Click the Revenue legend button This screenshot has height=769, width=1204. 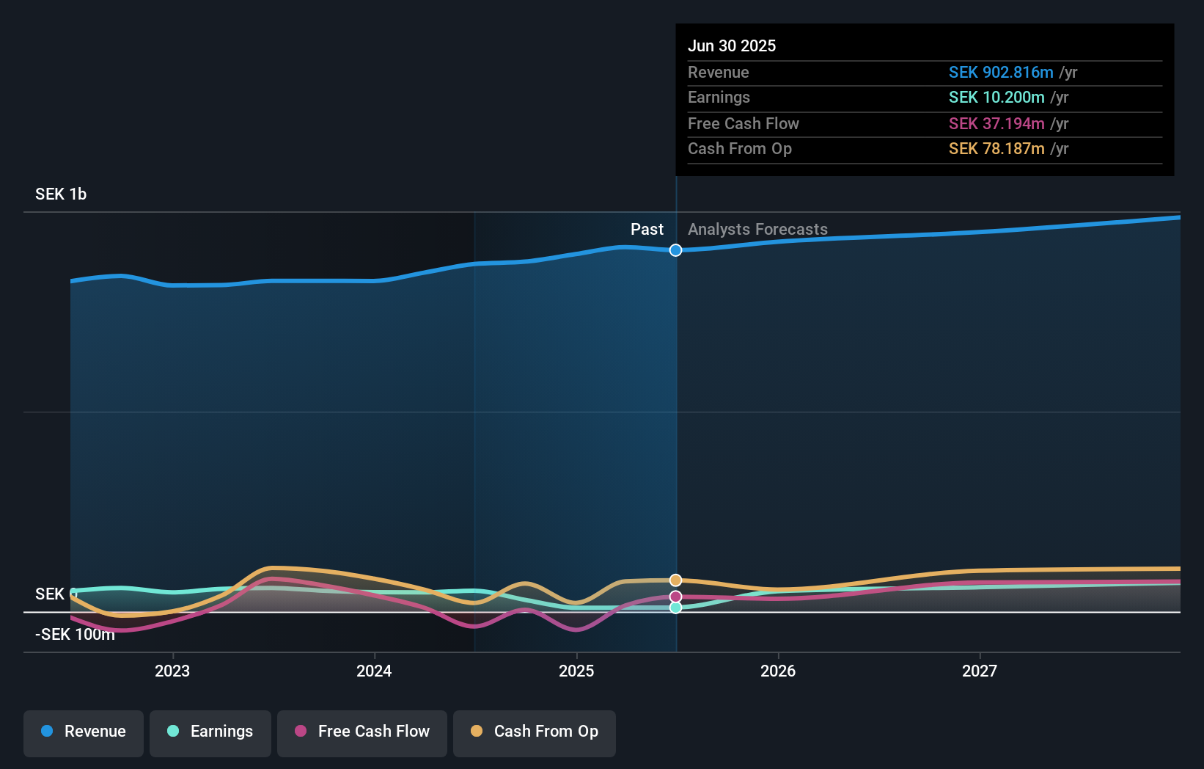84,732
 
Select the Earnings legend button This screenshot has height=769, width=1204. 210,732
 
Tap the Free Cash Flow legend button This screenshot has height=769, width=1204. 362,732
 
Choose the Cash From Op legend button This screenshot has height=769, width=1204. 535,732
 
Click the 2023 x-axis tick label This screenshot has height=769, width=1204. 172,671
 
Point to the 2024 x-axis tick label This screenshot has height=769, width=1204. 374,671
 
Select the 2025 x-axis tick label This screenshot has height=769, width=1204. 576,671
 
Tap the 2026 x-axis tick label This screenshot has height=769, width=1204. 778,671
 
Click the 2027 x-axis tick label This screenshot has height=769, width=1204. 980,671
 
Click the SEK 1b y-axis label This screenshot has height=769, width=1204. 61,194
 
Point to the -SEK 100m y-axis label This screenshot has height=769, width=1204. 75,635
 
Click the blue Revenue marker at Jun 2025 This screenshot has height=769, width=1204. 676,250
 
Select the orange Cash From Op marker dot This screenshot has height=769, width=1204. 676,580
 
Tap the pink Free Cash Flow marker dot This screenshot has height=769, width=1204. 676,597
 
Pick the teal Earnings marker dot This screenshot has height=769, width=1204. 676,608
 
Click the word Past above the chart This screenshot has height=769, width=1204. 647,230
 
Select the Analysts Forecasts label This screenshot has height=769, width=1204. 757,230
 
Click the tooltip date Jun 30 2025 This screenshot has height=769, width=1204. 732,45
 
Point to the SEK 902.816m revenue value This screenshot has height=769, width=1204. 1001,73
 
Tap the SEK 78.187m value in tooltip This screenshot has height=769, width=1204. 996,149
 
